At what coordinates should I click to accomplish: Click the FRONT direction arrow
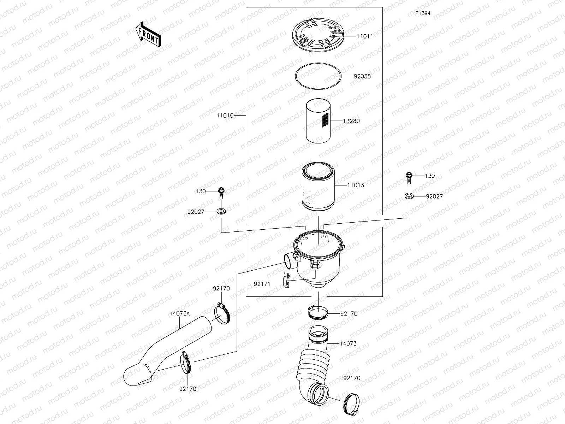pos(148,34)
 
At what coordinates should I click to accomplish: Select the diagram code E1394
pos(423,13)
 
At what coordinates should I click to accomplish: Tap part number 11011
pos(365,36)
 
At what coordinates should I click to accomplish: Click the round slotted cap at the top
pos(318,35)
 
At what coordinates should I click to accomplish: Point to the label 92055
pos(362,76)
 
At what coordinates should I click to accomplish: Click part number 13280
pos(351,121)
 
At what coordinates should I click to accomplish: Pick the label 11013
pos(356,185)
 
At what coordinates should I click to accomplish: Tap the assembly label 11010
pos(225,116)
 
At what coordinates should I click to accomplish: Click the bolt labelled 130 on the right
pos(409,178)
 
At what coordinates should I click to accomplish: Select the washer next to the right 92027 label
pos(409,196)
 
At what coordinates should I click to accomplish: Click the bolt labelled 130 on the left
pos(221,193)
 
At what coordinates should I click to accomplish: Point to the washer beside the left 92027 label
pos(221,212)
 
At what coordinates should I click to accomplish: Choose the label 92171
pos(262,284)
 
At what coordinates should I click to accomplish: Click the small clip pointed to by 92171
pos(286,280)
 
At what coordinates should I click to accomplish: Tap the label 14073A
pos(180,313)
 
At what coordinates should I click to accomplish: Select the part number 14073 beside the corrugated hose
pos(348,343)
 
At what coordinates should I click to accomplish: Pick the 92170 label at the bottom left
pos(188,389)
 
